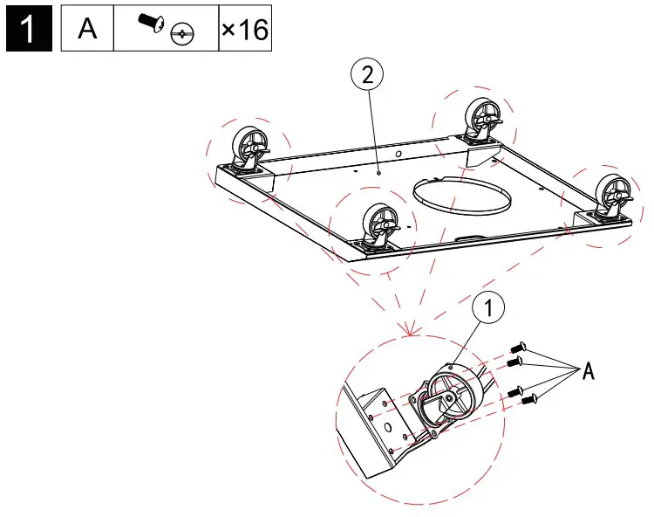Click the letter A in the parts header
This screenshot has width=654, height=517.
coord(87,29)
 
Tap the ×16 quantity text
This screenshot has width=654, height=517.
coord(243,29)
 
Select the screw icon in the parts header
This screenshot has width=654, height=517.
coord(149,24)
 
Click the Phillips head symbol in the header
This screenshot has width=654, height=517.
coord(182,35)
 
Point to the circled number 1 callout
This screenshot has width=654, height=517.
coord(489,307)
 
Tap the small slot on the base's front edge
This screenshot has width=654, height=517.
coord(470,237)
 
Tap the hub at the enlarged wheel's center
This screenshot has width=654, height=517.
coord(447,397)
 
